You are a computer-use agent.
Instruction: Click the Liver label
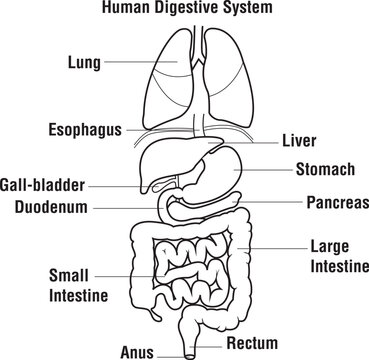coord(300,142)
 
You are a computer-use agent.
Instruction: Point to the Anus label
coord(137,351)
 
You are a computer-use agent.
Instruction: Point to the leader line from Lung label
coord(140,63)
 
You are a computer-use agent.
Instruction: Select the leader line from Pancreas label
coord(270,201)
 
